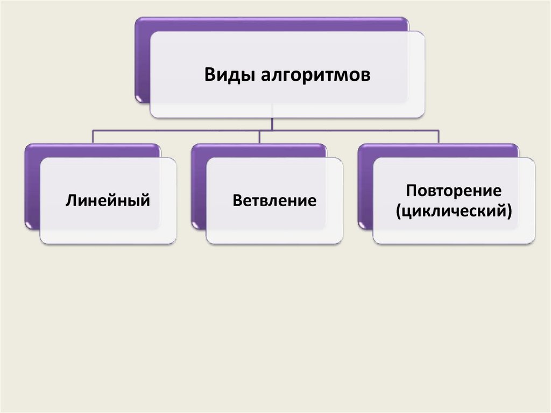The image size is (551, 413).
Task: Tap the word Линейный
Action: point(107,201)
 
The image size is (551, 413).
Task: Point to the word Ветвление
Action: point(274,201)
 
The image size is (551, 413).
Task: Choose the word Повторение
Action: point(454,191)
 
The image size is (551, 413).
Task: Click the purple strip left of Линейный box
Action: point(32,186)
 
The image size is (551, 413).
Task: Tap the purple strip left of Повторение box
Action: point(365,186)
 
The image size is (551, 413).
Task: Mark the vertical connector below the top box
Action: point(272,123)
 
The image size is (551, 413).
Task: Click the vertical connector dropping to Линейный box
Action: point(93,136)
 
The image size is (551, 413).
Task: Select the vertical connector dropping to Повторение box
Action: point(439,136)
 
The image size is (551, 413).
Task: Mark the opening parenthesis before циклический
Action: point(398,211)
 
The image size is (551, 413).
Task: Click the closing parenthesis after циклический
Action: point(508,211)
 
